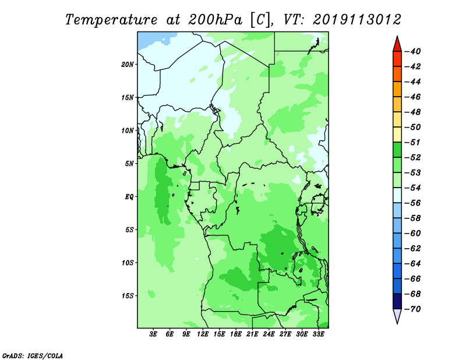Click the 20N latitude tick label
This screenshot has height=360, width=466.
[x=127, y=64]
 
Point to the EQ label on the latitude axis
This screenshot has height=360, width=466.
[x=129, y=196]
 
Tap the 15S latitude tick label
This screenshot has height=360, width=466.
[x=128, y=296]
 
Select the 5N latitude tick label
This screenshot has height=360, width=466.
[x=129, y=164]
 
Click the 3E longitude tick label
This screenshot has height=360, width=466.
[x=153, y=334]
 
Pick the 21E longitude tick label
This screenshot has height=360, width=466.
[x=252, y=334]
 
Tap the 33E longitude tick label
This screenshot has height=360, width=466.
[x=318, y=334]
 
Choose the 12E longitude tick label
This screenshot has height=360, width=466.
[x=203, y=334]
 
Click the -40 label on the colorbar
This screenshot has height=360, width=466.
[x=413, y=51]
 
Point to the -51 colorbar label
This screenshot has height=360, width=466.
[x=413, y=142]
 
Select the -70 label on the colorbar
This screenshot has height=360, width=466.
[x=413, y=309]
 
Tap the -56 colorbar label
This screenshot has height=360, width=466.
[x=413, y=203]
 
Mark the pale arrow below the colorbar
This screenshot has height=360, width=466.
[x=397, y=315]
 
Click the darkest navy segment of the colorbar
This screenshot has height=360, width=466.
[x=397, y=301]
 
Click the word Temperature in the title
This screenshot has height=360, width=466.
[x=111, y=20]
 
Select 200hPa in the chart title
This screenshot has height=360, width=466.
[x=215, y=20]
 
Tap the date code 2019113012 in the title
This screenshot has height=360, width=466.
[x=357, y=20]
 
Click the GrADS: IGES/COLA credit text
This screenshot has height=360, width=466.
[x=33, y=355]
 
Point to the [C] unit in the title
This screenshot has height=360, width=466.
[x=260, y=20]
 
